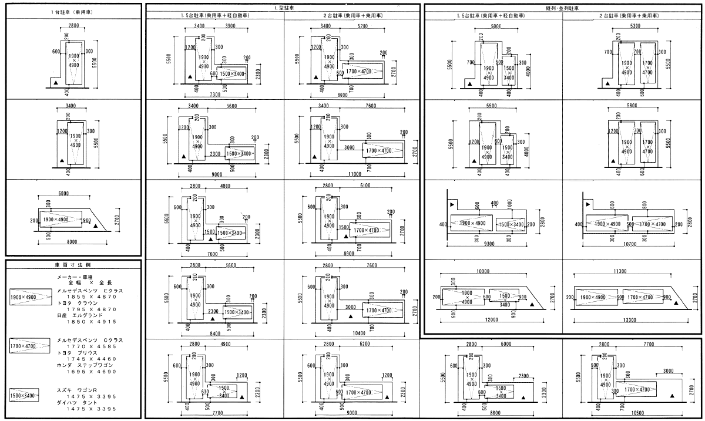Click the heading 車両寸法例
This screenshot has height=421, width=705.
(x=72, y=265)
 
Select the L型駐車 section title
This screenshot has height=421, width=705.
(x=284, y=8)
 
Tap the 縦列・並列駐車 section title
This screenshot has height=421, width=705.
(x=562, y=8)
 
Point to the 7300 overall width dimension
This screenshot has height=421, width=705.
(x=215, y=95)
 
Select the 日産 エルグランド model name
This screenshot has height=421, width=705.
(x=81, y=315)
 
